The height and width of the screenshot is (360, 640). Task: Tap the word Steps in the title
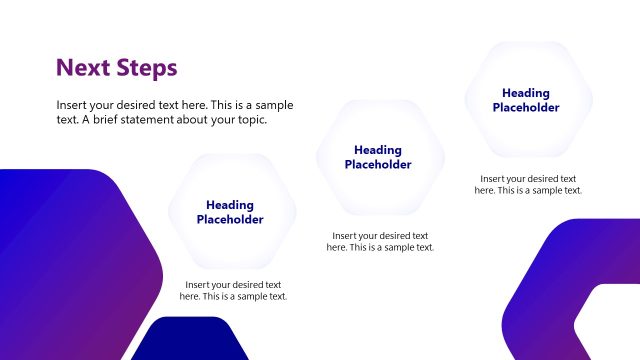point(144,68)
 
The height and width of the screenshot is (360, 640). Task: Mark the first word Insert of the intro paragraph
point(73,105)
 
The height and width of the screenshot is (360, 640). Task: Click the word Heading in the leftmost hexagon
point(230,205)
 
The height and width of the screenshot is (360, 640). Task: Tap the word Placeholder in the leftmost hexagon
point(230,220)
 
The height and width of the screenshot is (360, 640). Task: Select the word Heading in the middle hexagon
point(378,150)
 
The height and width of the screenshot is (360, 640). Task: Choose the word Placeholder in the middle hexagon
point(378,165)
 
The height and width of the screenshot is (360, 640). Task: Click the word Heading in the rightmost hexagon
point(526,93)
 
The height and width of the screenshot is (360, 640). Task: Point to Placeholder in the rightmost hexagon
point(526,108)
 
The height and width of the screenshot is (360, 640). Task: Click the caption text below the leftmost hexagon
point(233,291)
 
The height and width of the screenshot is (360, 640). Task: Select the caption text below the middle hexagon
point(381,242)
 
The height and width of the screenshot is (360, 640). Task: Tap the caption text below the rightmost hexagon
point(528,184)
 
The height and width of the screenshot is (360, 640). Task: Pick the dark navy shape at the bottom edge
point(190,342)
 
